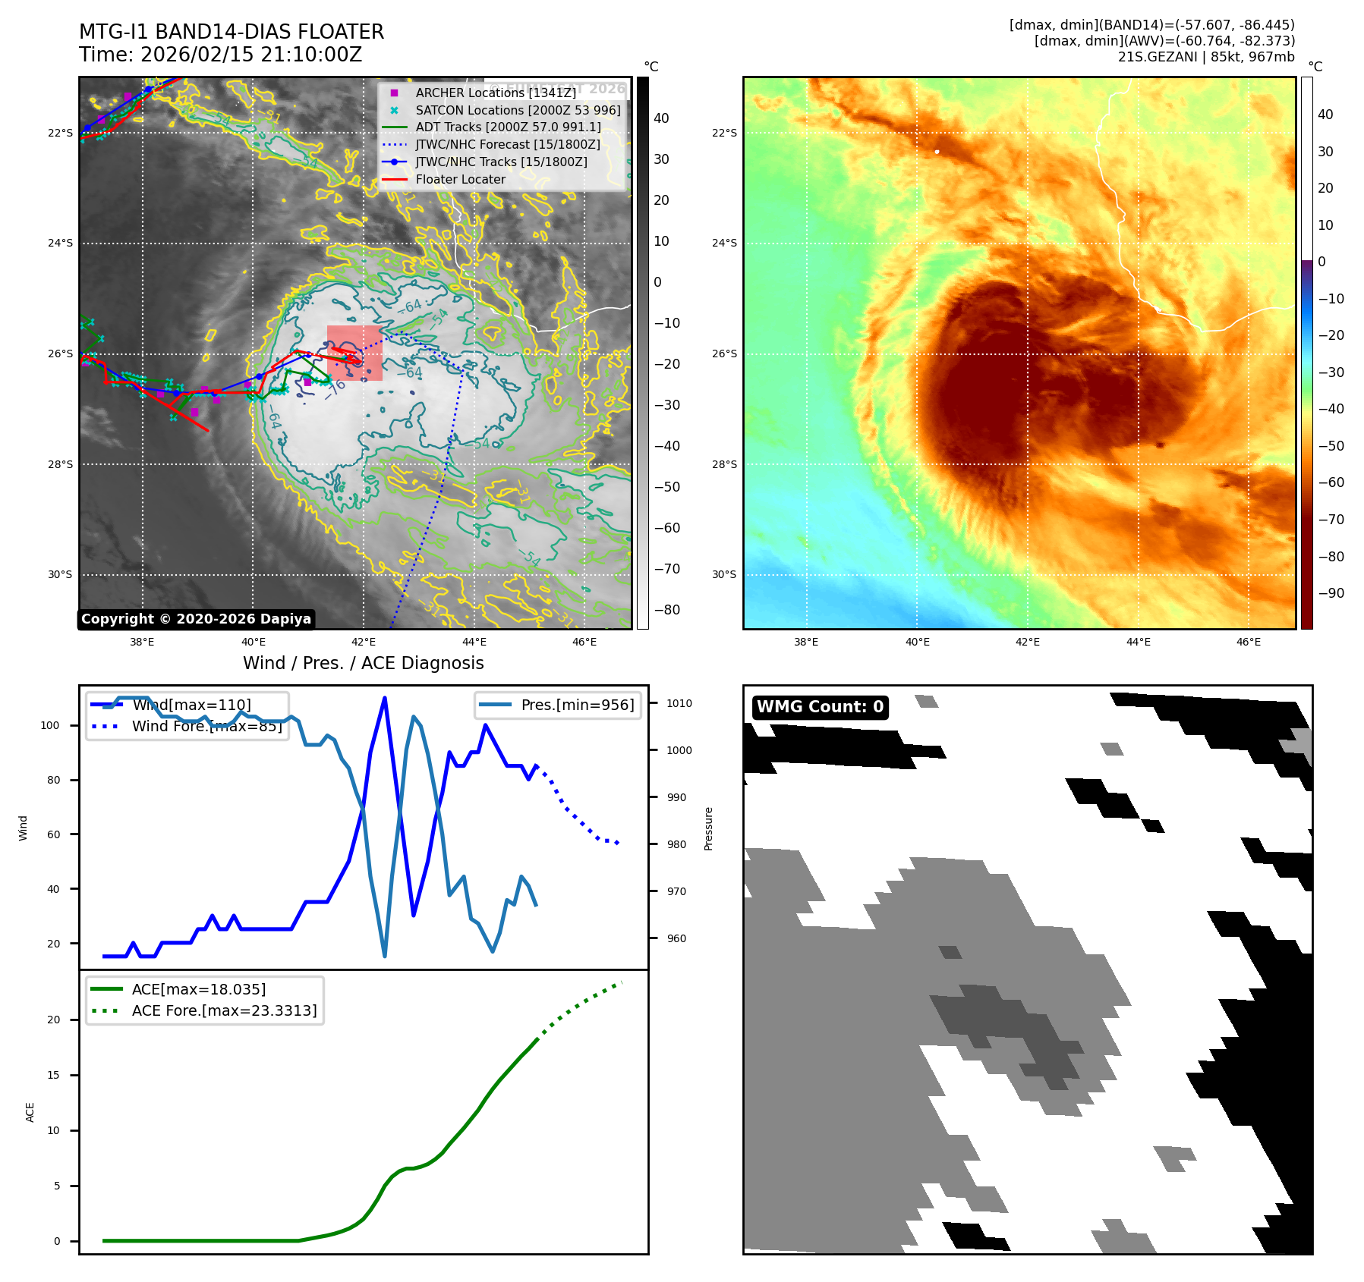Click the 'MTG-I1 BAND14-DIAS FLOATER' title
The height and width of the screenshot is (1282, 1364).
pyautogui.click(x=232, y=32)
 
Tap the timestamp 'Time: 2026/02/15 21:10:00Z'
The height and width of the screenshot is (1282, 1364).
pyautogui.click(x=220, y=55)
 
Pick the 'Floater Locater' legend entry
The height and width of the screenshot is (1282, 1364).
pyautogui.click(x=460, y=179)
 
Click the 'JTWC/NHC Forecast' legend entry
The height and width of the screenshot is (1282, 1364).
pyautogui.click(x=507, y=144)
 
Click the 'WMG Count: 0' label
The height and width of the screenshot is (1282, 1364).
pyautogui.click(x=820, y=707)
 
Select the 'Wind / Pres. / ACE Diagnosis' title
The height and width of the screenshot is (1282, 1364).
pyautogui.click(x=363, y=663)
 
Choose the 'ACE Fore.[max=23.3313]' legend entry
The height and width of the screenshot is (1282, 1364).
pyautogui.click(x=224, y=1010)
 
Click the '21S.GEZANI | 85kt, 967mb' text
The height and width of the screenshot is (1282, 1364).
pyautogui.click(x=1205, y=57)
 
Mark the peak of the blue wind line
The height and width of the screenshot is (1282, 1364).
pyautogui.click(x=385, y=698)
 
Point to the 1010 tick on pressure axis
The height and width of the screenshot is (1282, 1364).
pyautogui.click(x=679, y=703)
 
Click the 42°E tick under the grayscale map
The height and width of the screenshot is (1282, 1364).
pyautogui.click(x=364, y=642)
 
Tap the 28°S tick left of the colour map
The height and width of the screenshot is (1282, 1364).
pyautogui.click(x=723, y=464)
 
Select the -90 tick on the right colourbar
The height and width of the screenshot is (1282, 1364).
pyautogui.click(x=1331, y=593)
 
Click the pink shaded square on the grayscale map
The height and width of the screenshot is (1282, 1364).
pyautogui.click(x=354, y=353)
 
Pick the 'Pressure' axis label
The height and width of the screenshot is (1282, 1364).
pyautogui.click(x=708, y=828)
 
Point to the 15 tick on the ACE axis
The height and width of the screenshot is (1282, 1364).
pyautogui.click(x=53, y=1075)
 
